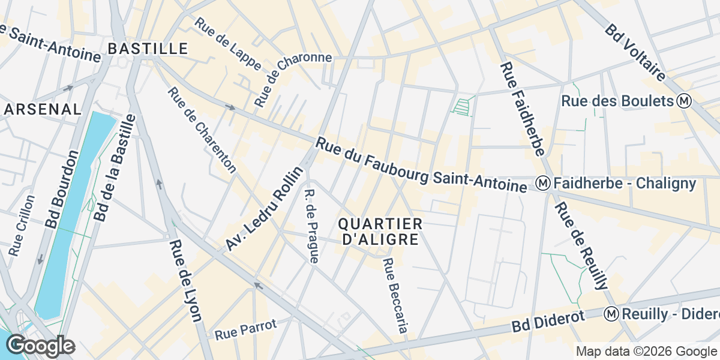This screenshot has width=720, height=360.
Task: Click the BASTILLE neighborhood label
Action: tap(148, 48)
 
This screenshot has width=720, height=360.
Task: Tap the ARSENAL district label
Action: tap(42, 109)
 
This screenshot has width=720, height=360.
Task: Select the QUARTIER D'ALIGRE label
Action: tap(380, 232)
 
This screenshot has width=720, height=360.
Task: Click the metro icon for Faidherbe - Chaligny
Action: tap(544, 183)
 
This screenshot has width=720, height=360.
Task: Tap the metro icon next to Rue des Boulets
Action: tap(683, 101)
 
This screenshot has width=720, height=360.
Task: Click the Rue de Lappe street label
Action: tap(228, 43)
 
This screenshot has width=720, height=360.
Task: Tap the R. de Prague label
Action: tap(311, 227)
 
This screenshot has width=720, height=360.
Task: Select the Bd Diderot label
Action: tap(548, 322)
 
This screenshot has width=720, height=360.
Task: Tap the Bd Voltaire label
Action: tap(635, 52)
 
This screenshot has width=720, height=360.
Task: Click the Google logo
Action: tap(40, 346)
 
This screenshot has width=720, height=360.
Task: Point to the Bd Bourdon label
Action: tap(62, 188)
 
